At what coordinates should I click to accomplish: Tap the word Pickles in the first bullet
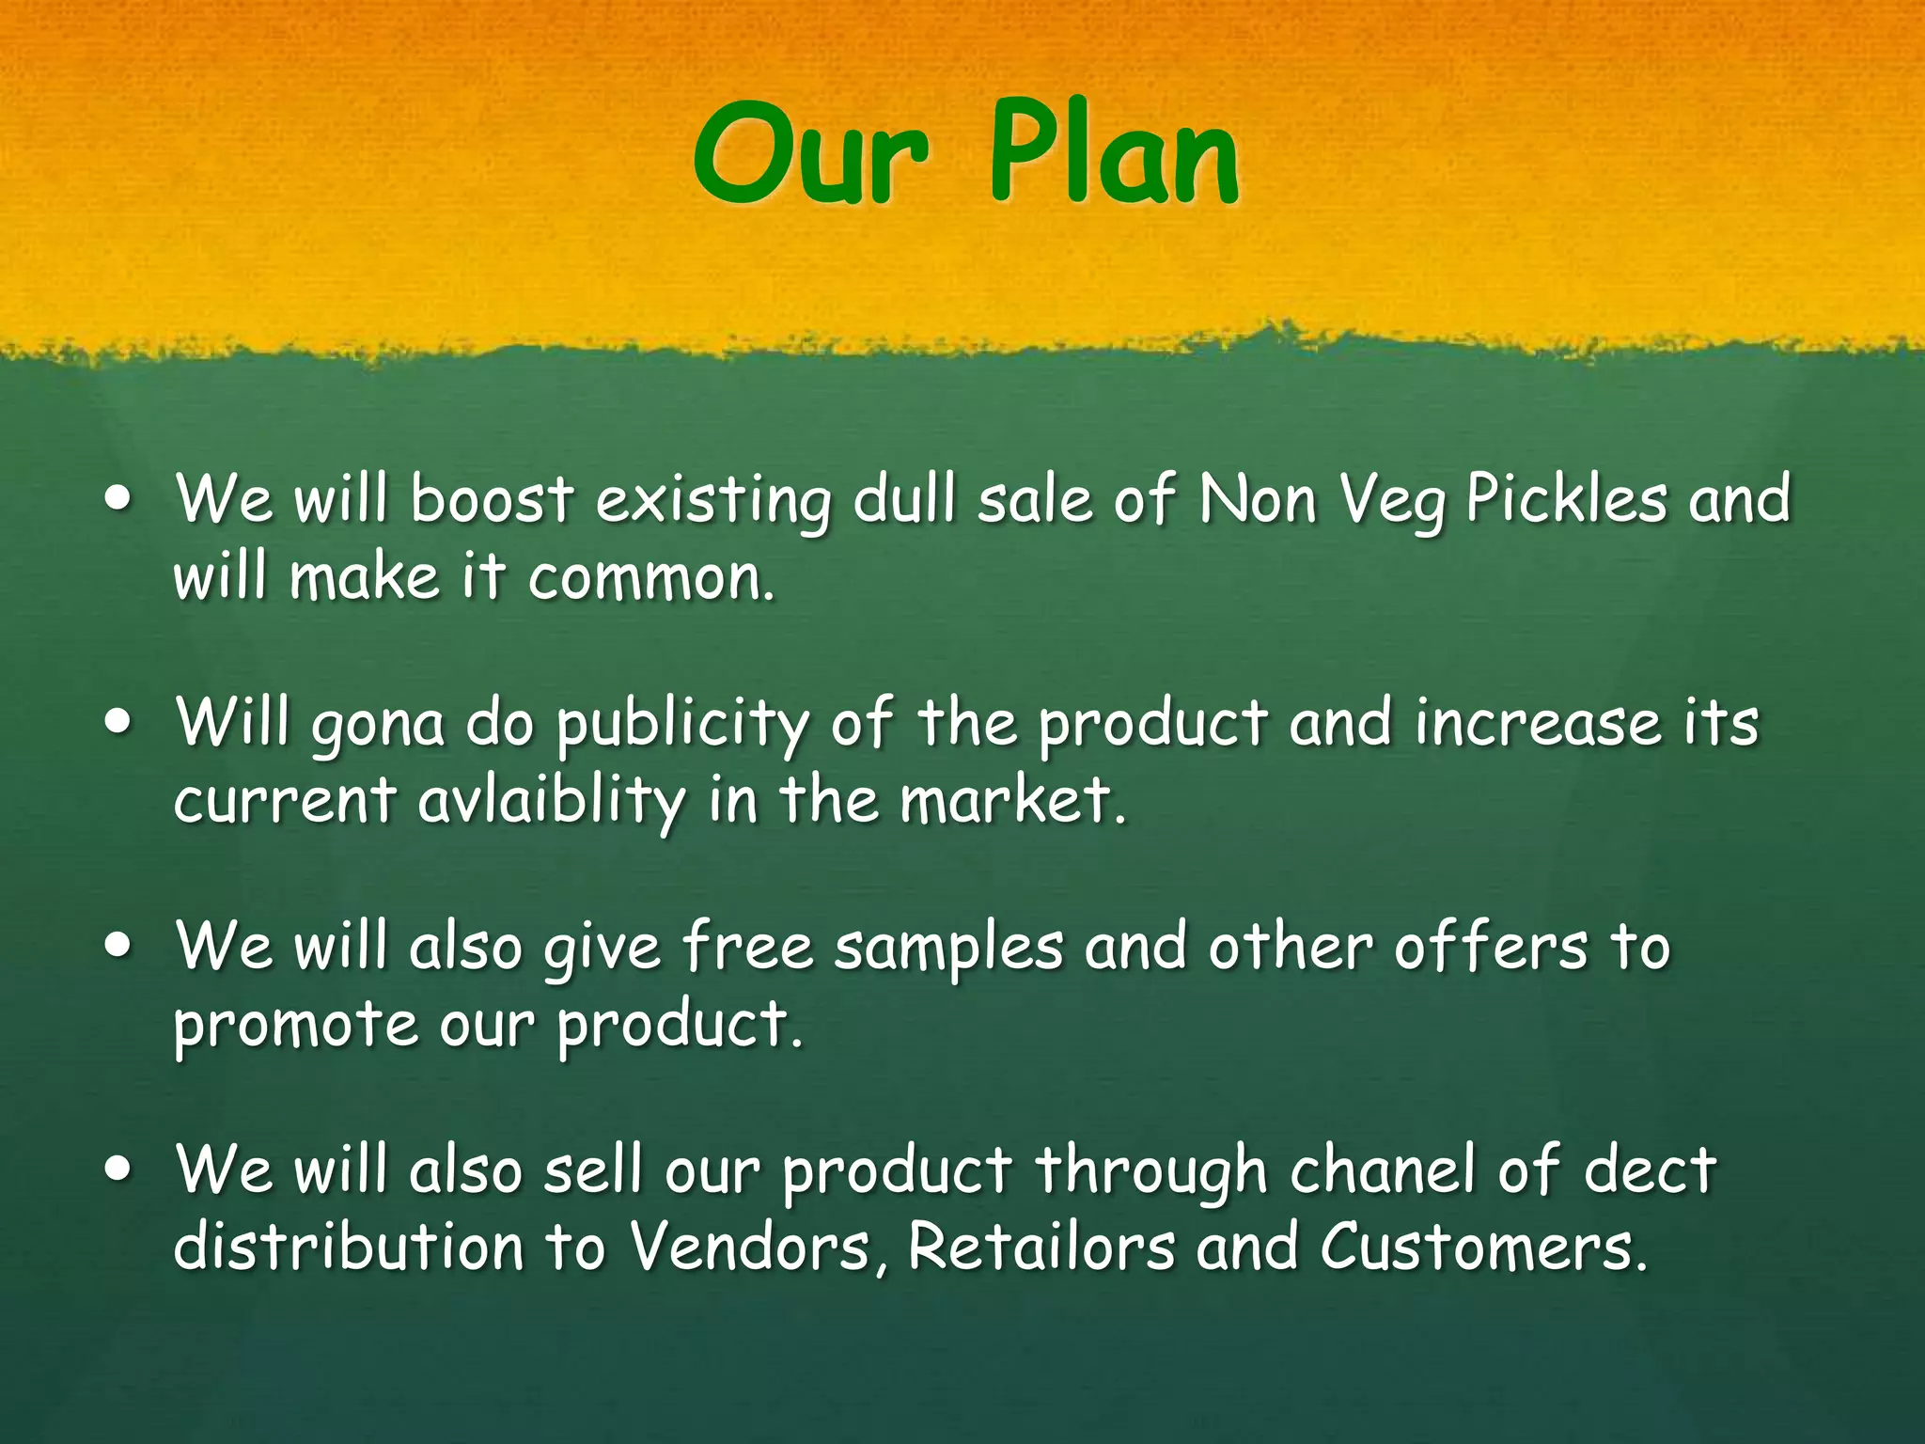pyautogui.click(x=1566, y=498)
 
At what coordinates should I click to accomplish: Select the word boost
pyautogui.click(x=492, y=498)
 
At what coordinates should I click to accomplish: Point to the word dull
pyautogui.click(x=906, y=498)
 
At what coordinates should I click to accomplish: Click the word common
pyautogui.click(x=650, y=576)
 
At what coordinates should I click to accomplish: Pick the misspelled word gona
pyautogui.click(x=377, y=726)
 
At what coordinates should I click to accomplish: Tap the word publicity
pyautogui.click(x=682, y=726)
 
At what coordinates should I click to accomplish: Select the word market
pyautogui.click(x=1011, y=800)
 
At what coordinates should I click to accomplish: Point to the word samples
pyautogui.click(x=948, y=948)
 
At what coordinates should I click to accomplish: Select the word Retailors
pyautogui.click(x=1041, y=1248)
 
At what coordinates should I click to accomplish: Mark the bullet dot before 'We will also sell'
pyautogui.click(x=118, y=1171)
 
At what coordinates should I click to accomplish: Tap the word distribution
pyautogui.click(x=348, y=1248)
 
